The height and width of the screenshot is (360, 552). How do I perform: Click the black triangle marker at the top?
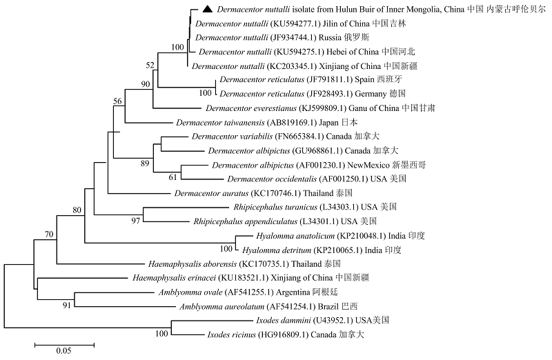208,9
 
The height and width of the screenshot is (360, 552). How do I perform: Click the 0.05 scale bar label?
63,351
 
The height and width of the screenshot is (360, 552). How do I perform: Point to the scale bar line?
64,346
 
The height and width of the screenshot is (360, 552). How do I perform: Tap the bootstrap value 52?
150,65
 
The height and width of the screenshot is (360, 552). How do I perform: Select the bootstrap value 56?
117,101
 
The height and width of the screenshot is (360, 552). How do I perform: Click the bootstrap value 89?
145,163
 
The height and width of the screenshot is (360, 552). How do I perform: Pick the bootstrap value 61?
172,177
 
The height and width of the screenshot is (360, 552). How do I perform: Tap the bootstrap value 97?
135,221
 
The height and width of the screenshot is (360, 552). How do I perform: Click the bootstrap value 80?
77,210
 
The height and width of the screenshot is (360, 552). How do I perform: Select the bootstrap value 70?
49,234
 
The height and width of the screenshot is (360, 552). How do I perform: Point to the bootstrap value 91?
67,306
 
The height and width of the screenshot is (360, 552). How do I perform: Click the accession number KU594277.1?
295,23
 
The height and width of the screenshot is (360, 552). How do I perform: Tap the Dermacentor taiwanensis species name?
220,123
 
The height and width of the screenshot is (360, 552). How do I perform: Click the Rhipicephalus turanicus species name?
275,207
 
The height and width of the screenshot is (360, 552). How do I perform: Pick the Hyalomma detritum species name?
277,250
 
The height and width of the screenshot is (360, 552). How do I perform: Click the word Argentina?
293,292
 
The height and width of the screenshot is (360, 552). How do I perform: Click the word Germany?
371,94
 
